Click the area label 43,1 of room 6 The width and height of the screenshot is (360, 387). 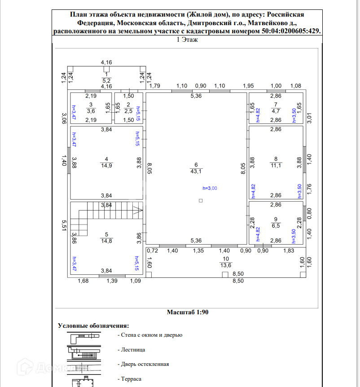[x=196, y=172]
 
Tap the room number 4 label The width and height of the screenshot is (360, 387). [x=106, y=159]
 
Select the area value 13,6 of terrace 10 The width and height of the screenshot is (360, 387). [x=226, y=265]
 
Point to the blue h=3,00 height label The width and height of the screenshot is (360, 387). [x=210, y=188]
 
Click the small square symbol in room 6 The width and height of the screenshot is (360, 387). [x=201, y=201]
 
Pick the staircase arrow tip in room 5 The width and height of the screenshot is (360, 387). [x=143, y=210]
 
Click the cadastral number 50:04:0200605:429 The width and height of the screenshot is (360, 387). [x=291, y=31]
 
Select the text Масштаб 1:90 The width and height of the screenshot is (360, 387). [x=188, y=312]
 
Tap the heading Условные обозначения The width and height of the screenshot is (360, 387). [x=93, y=326]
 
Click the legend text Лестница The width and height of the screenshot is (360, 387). [x=133, y=350]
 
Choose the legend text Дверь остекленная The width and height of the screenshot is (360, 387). [x=145, y=364]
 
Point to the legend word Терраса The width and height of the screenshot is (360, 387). [x=131, y=379]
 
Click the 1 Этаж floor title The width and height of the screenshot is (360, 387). [x=187, y=40]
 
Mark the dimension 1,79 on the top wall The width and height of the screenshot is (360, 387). [x=155, y=86]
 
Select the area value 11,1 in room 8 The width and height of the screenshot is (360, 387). [x=276, y=165]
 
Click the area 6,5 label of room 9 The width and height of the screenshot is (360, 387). [x=276, y=226]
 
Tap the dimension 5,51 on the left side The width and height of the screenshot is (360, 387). [x=64, y=225]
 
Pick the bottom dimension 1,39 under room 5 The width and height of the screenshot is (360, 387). [x=112, y=281]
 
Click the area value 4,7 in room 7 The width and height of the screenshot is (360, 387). [x=276, y=111]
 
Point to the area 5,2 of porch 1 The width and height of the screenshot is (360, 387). [x=106, y=81]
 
